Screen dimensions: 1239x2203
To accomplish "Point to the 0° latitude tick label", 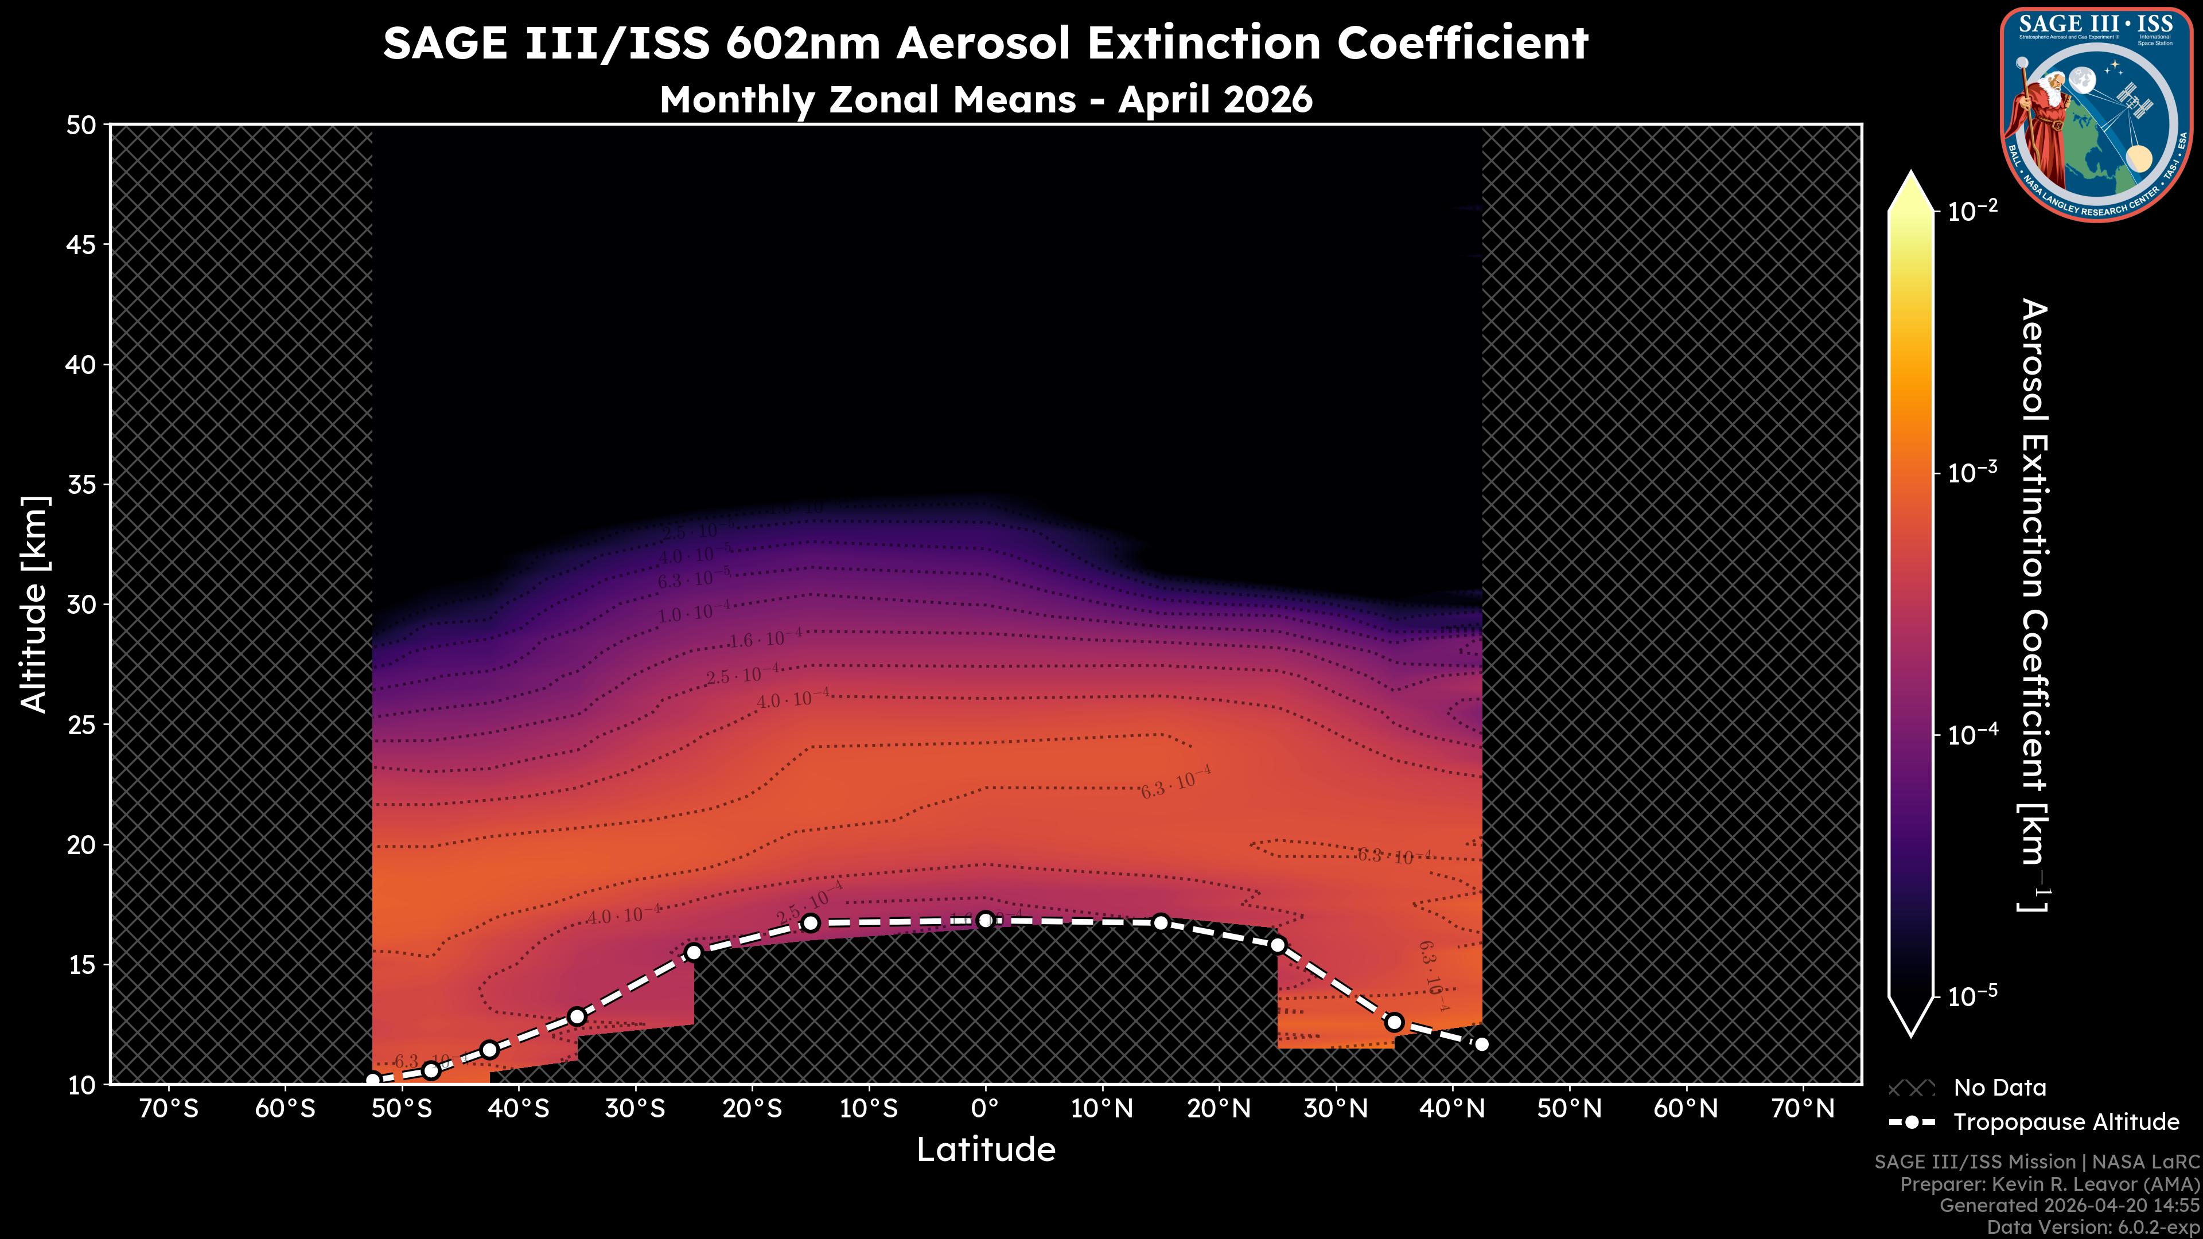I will pos(985,1109).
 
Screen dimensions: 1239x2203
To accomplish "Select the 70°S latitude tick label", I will pos(169,1109).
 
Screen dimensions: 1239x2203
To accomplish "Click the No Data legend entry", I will pos(1999,1088).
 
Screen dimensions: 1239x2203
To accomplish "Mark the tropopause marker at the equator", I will pos(985,920).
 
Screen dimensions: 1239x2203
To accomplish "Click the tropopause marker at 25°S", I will pos(694,953).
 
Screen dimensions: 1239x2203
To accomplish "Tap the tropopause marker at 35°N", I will pos(1394,1022).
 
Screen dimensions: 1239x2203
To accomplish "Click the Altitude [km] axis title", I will pos(34,603).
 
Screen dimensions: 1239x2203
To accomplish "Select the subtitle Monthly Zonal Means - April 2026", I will pos(985,99).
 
